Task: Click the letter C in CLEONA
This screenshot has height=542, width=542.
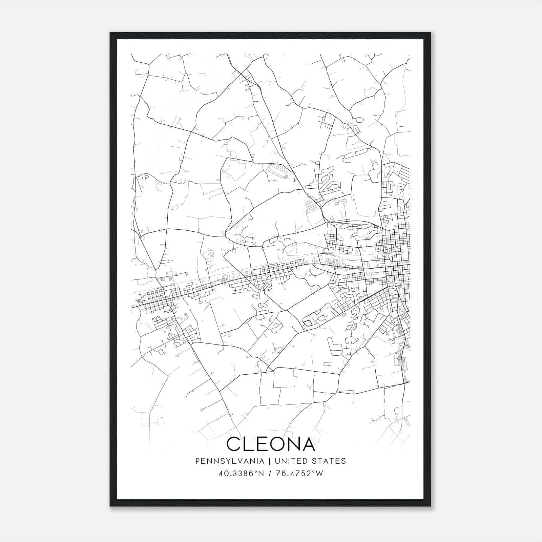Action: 234,444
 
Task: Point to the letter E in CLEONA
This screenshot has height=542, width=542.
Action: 265,444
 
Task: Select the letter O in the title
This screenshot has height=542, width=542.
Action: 281,444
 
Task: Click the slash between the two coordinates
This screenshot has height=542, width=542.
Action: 269,473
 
